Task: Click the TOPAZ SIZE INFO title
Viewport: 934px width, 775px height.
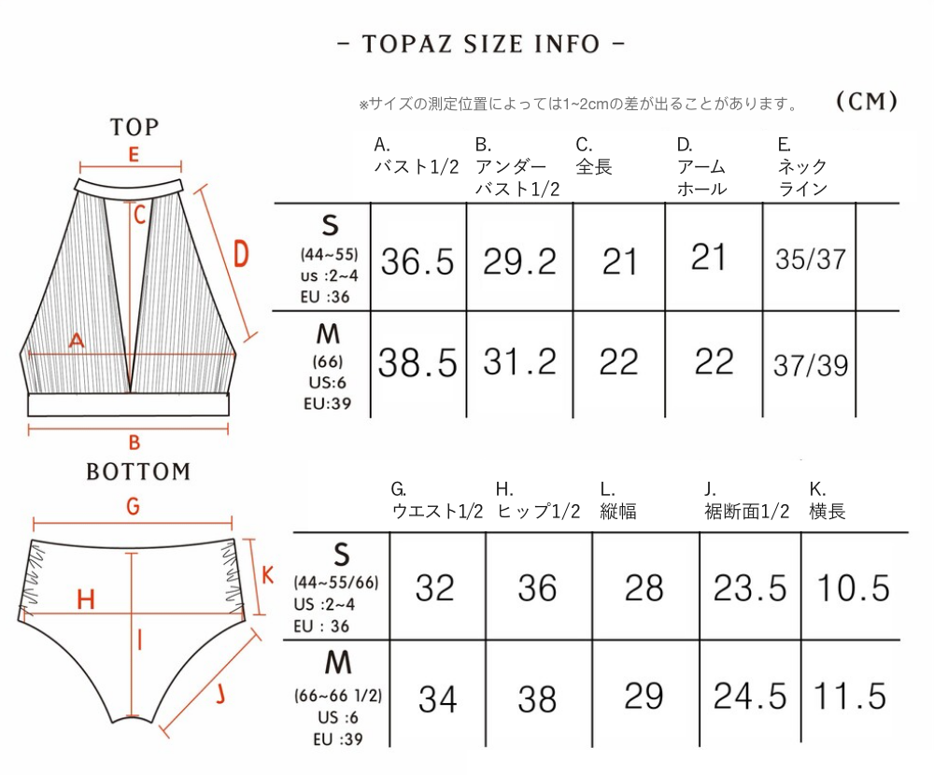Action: pos(480,44)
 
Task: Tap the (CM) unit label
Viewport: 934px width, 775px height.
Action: pos(867,101)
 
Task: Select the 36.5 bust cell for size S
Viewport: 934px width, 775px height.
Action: pos(417,261)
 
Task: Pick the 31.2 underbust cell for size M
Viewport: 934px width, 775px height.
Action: pos(519,361)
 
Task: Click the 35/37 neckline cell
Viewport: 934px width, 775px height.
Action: pos(811,260)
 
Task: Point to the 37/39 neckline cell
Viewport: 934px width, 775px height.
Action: pos(811,365)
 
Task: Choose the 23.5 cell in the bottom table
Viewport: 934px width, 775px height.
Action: pos(750,588)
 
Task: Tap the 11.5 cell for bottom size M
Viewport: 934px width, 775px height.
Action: pos(850,696)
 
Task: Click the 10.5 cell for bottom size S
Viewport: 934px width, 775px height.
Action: pos(853,588)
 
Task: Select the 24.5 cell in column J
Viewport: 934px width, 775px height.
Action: pos(750,696)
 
